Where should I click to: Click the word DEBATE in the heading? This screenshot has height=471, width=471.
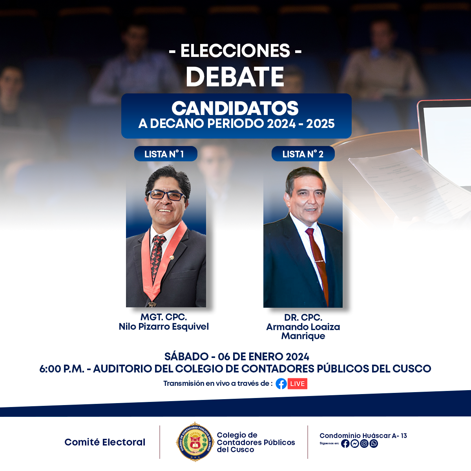click(x=235, y=77)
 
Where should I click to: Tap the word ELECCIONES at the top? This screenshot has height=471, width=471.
click(x=235, y=51)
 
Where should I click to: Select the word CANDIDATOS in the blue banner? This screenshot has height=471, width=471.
click(x=235, y=108)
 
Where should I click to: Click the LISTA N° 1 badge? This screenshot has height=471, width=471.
click(x=166, y=154)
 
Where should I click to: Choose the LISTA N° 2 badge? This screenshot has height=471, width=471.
click(x=303, y=154)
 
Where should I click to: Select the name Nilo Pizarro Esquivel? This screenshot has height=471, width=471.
click(x=164, y=327)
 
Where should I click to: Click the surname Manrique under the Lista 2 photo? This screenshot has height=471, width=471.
click(x=303, y=336)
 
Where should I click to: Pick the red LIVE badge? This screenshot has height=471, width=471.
click(x=297, y=383)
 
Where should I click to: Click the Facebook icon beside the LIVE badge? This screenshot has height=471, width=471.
click(x=281, y=383)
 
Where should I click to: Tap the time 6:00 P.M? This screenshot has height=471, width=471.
click(x=62, y=369)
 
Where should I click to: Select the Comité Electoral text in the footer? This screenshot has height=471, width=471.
click(x=105, y=442)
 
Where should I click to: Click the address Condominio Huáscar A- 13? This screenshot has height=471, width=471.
click(x=363, y=436)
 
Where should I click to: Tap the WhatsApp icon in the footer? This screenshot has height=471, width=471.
click(x=374, y=444)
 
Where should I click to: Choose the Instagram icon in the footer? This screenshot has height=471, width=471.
click(x=364, y=444)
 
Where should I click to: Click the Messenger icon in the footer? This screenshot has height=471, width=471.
click(x=355, y=444)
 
